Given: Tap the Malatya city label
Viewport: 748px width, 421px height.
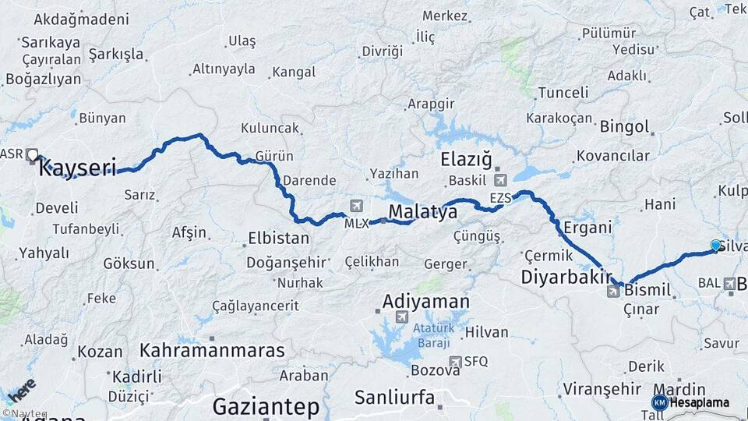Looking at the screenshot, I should click(422, 212).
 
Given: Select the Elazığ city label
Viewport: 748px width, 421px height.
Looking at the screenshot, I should click(467, 161).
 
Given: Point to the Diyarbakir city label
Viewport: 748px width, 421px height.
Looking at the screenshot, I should click(565, 277).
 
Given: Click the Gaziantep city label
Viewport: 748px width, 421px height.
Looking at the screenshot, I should click(266, 406).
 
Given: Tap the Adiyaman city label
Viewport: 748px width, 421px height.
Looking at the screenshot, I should click(425, 301).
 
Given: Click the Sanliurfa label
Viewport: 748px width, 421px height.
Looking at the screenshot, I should click(394, 397).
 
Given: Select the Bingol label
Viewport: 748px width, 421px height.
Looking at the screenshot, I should click(624, 126).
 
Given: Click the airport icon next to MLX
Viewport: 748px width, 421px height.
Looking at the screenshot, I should click(357, 206).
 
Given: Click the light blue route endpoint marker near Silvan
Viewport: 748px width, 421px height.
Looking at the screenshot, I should click(715, 246).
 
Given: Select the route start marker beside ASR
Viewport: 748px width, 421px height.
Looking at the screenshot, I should click(33, 154).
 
